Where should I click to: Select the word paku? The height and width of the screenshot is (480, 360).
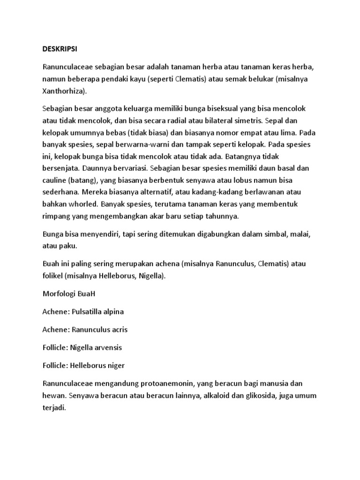pyautogui.click(x=68, y=246)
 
